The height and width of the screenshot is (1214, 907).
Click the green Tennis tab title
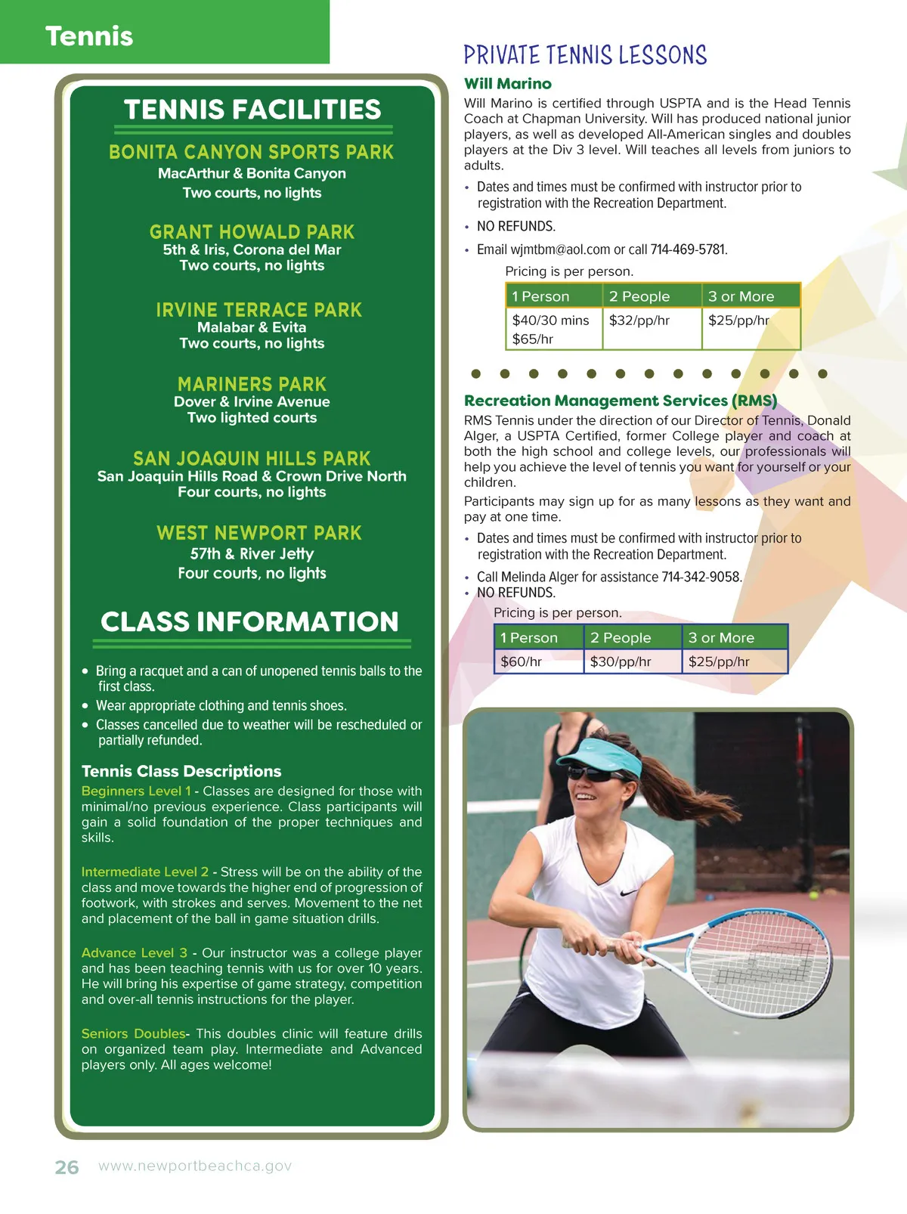tap(89, 36)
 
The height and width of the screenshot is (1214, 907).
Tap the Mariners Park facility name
tap(252, 384)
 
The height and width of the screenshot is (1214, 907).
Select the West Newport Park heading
tap(258, 533)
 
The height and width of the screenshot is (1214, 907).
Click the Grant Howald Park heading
tap(252, 232)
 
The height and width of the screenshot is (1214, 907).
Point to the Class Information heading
tap(249, 622)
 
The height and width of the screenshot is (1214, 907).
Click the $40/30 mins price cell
tap(550, 321)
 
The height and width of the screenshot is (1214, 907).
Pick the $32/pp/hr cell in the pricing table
tap(639, 321)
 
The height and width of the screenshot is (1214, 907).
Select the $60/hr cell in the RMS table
tap(521, 661)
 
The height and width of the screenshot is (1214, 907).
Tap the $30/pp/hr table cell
tap(621, 661)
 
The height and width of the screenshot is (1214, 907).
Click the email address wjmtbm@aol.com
tap(560, 249)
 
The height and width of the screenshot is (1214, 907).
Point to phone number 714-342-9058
tap(701, 577)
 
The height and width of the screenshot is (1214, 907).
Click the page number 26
tap(67, 1167)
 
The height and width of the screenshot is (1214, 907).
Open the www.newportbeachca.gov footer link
tap(195, 1166)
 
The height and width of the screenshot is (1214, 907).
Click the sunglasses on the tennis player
tap(593, 776)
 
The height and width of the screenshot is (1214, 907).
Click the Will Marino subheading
tap(508, 84)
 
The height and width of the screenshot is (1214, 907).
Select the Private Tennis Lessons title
tap(585, 55)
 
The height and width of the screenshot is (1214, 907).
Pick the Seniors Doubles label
tap(133, 1033)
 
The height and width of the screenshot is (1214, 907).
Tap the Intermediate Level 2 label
tap(145, 872)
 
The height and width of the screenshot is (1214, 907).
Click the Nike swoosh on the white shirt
tap(629, 893)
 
